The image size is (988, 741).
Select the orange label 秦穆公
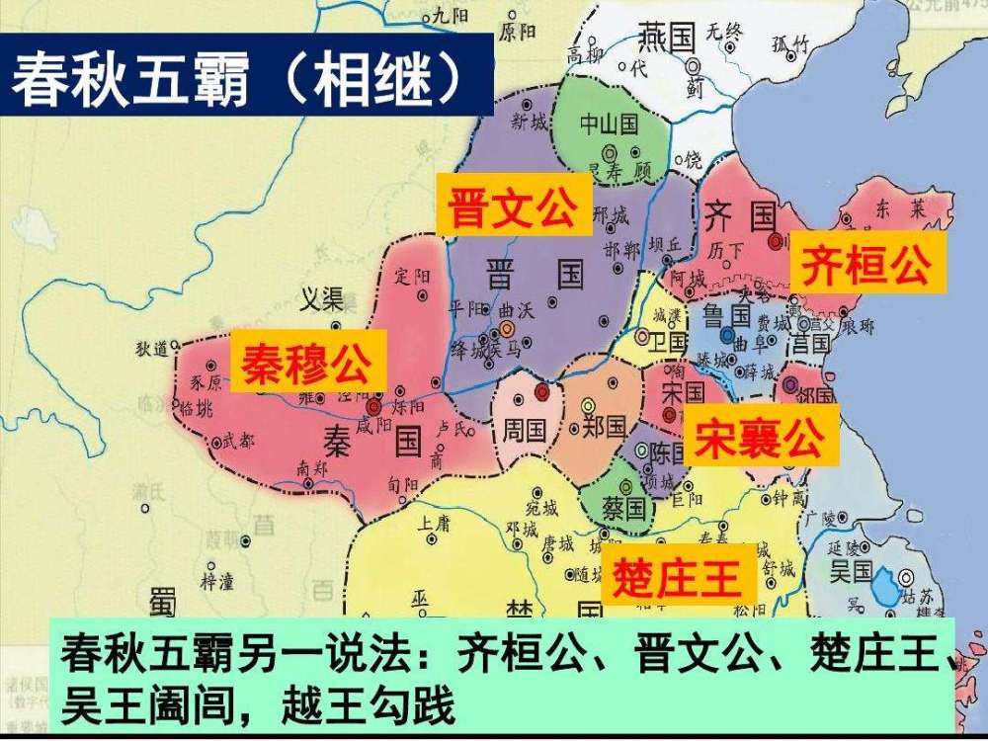307,363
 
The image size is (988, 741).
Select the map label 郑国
605,427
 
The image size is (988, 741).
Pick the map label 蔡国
623,509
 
